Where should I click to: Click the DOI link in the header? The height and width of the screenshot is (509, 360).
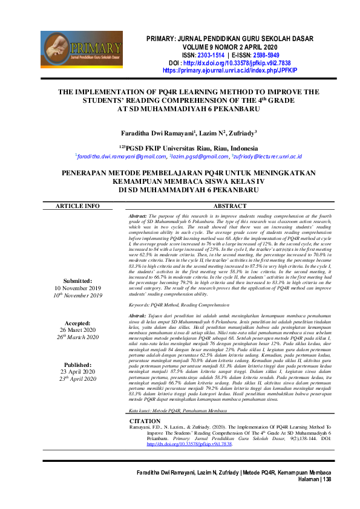(233, 63)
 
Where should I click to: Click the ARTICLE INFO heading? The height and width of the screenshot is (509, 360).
(77, 206)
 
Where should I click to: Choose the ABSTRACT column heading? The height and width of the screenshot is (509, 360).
(231, 206)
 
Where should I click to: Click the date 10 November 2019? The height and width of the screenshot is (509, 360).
(77, 288)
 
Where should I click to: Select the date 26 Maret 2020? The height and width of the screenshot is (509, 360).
(77, 330)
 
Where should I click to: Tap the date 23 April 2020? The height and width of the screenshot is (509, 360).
(77, 372)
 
